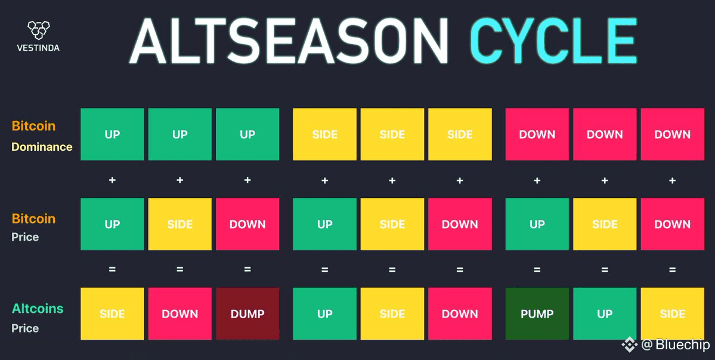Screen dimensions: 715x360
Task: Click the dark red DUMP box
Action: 247,314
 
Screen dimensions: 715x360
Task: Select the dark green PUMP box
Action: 537,314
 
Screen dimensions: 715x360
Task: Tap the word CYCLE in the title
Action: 553,41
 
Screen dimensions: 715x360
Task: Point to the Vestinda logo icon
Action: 38,30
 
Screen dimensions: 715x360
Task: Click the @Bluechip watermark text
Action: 675,345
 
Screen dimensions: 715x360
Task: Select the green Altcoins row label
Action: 38,309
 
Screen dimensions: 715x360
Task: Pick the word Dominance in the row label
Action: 42,147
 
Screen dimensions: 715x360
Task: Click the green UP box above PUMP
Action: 537,224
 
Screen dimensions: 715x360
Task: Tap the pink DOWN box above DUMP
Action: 247,224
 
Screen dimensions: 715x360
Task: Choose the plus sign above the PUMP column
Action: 537,181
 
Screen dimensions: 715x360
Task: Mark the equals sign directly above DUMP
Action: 247,269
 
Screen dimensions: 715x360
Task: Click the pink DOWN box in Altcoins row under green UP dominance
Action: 180,314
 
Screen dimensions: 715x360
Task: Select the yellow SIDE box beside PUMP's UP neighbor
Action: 673,314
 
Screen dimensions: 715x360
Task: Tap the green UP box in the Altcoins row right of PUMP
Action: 605,314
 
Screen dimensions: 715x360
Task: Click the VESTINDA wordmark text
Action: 38,48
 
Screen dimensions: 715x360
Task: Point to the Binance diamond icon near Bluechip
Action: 630,345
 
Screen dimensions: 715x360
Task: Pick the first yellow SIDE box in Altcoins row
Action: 112,314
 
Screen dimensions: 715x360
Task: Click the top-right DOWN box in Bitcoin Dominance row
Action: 673,134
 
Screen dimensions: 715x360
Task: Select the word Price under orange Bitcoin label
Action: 25,237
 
